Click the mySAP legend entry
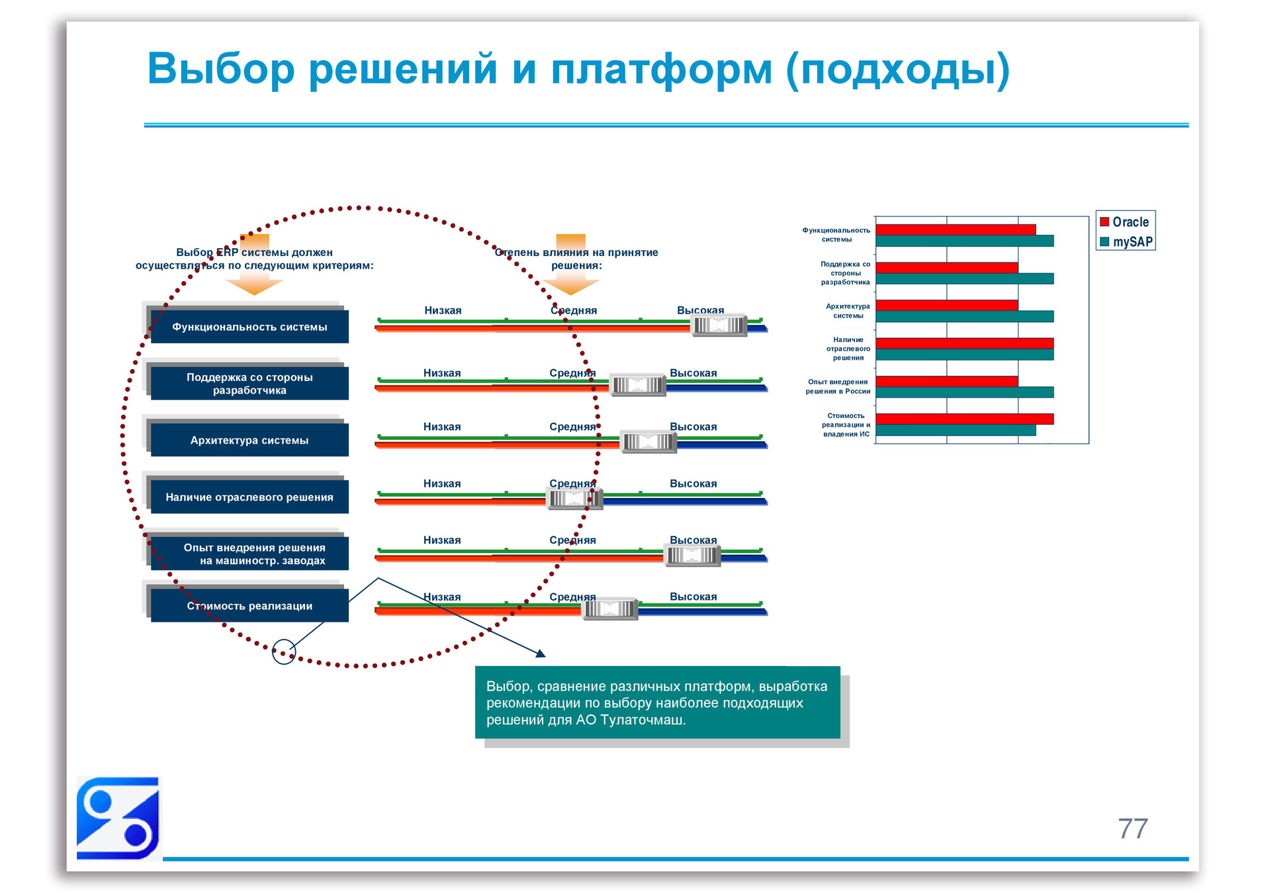1125,241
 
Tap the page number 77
1132,828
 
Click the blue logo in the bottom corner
118,818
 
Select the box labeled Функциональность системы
249,327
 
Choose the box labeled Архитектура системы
249,440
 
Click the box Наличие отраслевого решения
249,497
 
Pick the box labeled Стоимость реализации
249,605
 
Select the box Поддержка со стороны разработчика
249,384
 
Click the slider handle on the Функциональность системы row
719,325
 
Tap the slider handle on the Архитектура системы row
648,442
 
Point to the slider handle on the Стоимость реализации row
609,608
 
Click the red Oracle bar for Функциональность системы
955,230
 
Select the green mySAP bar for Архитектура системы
964,317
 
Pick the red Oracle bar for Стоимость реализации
964,419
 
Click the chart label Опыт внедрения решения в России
837,386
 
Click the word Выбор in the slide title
220,69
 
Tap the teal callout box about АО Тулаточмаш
657,702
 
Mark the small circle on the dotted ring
284,652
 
